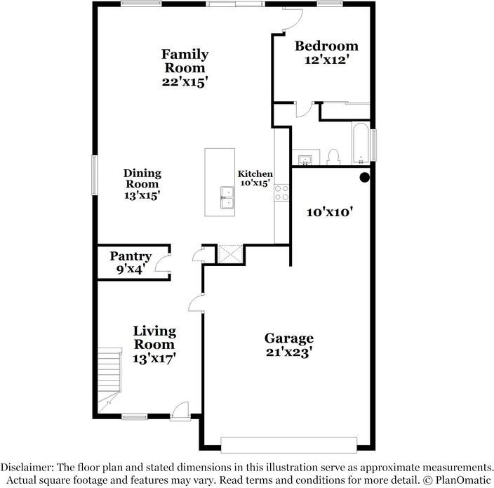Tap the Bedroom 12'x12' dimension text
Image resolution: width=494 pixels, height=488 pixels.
[x=326, y=60]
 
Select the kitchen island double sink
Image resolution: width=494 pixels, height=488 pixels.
[x=227, y=197]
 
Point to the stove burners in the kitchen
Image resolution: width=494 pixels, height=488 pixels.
[x=281, y=192]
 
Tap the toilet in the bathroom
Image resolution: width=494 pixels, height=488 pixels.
[x=334, y=155]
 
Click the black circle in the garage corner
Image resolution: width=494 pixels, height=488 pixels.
[x=365, y=178]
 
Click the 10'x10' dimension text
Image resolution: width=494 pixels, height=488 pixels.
[x=328, y=211]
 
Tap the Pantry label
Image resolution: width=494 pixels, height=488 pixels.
[x=131, y=256]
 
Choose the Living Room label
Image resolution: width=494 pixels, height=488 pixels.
[x=154, y=338]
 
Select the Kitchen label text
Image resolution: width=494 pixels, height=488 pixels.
[x=255, y=173]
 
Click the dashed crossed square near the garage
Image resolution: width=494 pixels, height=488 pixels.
[x=229, y=253]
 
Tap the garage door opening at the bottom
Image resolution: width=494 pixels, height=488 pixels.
[x=288, y=444]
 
